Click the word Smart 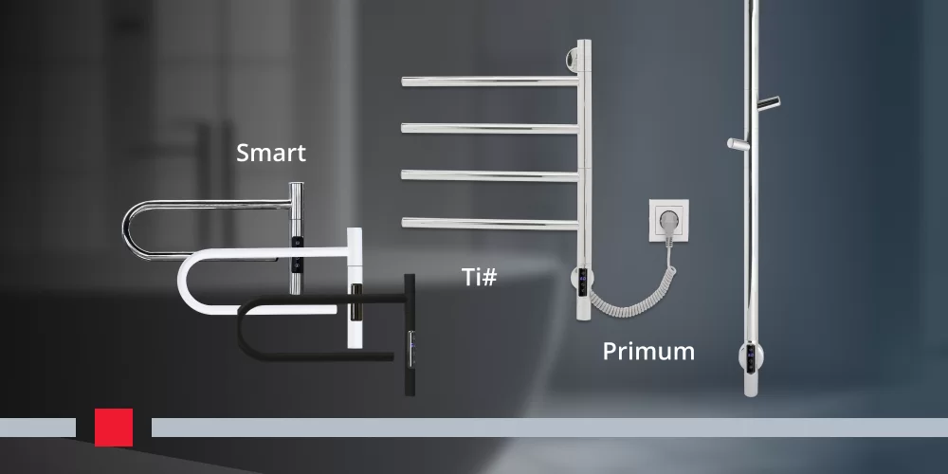click(x=271, y=153)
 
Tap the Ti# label click(x=480, y=276)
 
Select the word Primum click(x=648, y=352)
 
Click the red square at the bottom click(x=114, y=428)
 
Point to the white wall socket click(x=669, y=221)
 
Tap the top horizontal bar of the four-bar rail click(x=490, y=81)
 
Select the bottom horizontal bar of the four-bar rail click(x=490, y=224)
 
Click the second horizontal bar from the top click(x=490, y=128)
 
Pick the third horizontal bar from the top click(x=490, y=175)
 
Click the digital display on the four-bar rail click(x=582, y=282)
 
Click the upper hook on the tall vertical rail click(x=769, y=102)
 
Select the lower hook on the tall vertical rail click(x=738, y=144)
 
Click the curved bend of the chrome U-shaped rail click(x=129, y=230)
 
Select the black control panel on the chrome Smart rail click(x=296, y=255)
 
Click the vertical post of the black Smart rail click(x=410, y=335)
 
